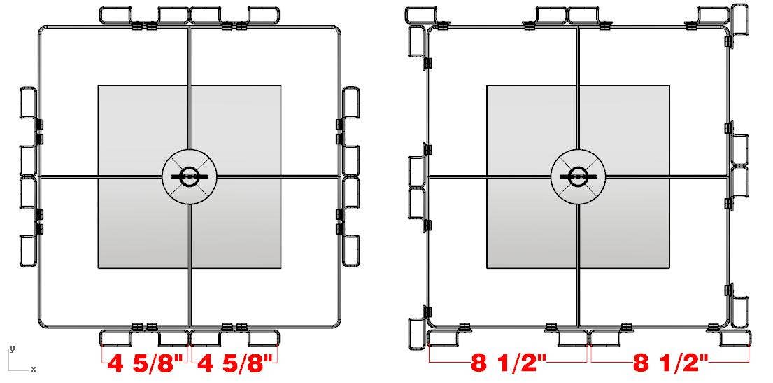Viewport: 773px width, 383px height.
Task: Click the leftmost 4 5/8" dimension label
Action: (x=146, y=365)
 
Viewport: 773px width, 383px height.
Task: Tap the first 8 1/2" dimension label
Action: (x=509, y=363)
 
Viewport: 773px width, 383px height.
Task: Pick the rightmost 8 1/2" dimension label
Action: (x=670, y=363)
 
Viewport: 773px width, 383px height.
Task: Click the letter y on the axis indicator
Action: (x=11, y=348)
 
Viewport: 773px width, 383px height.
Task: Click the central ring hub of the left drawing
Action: (x=189, y=176)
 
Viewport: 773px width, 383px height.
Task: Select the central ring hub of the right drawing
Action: (x=578, y=176)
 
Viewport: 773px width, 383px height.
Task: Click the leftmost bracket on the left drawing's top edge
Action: (x=116, y=15)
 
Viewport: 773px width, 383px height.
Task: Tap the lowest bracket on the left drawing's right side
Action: (x=350, y=250)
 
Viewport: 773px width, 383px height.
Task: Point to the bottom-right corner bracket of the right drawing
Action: (x=737, y=337)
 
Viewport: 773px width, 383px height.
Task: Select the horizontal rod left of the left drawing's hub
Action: (x=101, y=176)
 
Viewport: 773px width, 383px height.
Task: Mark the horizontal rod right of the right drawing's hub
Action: (x=665, y=176)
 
